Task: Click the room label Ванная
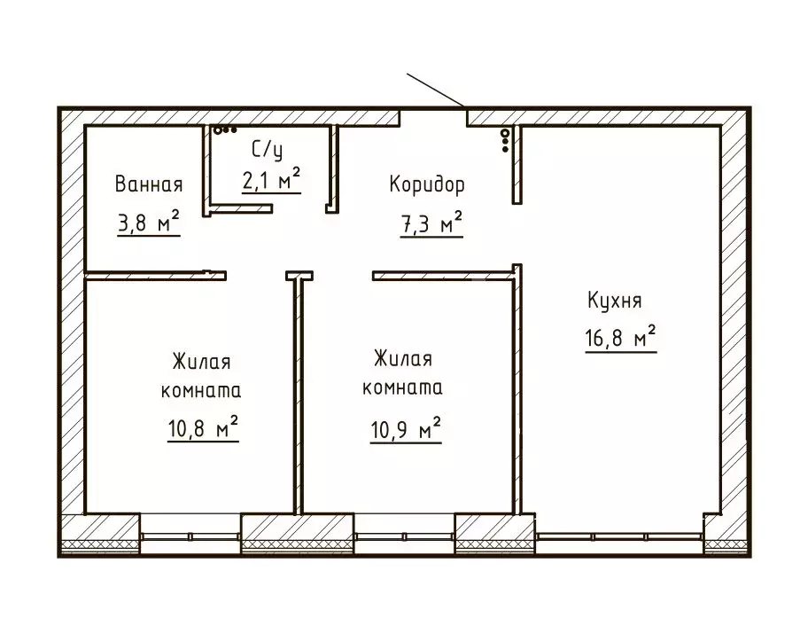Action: tap(149, 184)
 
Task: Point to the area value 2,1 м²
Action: tap(271, 180)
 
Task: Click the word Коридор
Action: tap(427, 184)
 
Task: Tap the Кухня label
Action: tap(613, 300)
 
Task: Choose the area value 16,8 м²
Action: tap(620, 338)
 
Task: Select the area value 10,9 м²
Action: tap(406, 430)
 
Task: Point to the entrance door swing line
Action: tap(437, 89)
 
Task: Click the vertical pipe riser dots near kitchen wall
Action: tap(505, 139)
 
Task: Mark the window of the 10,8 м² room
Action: tap(190, 536)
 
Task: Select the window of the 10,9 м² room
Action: tap(404, 536)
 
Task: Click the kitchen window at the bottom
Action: tap(620, 536)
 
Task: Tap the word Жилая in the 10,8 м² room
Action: tap(202, 364)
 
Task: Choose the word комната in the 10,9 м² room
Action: tap(404, 388)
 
